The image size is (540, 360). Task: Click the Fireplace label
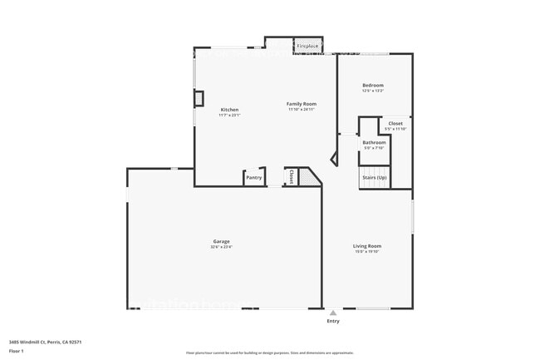coord(307,47)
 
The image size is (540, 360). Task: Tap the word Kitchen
coord(229,110)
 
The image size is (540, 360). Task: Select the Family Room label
coord(302,104)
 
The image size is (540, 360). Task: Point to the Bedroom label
coord(373,86)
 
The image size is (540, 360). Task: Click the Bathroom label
coord(374,142)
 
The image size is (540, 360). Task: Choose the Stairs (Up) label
coord(374,177)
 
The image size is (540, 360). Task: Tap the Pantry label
coord(254,177)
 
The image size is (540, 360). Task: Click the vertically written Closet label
coord(292,176)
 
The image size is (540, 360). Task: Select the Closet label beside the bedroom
coord(395,123)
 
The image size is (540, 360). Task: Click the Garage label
coord(221,241)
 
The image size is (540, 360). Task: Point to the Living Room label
coord(367,246)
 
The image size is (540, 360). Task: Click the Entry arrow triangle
coord(333,313)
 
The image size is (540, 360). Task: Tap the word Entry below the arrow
coord(333,321)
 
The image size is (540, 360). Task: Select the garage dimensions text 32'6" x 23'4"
coord(221,247)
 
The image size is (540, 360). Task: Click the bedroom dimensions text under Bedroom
coord(373,91)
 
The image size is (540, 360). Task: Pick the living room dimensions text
coord(367,252)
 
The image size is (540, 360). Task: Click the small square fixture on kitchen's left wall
coord(199,98)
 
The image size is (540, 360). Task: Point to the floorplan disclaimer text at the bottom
coord(269,353)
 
